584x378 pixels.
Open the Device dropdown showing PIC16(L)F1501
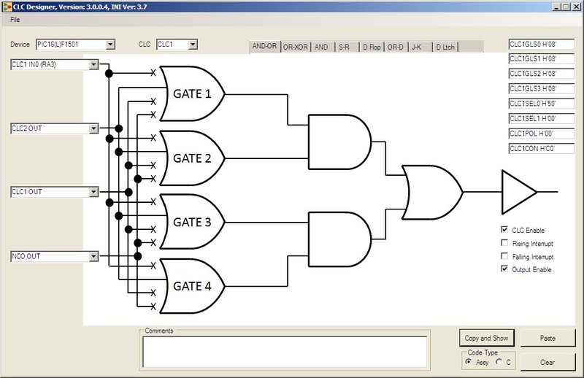76,45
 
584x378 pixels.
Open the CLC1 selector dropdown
177,45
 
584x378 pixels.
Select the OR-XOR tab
296,47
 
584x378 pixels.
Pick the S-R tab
344,47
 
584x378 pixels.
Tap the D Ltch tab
445,47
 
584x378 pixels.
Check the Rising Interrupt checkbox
504,243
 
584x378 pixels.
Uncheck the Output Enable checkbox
504,269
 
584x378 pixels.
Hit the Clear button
547,362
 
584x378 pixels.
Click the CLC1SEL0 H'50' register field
541,103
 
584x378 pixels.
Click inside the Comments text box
285,351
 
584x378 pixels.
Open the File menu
15,19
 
